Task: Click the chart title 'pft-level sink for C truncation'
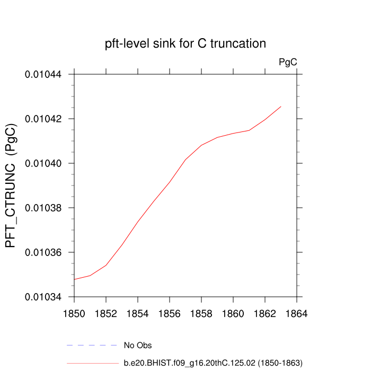coord(185,43)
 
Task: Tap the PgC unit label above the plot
coord(288,62)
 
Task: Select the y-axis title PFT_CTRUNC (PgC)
coord(12,185)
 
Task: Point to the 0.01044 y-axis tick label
coord(43,74)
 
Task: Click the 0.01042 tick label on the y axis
coord(43,119)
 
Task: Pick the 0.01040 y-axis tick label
coord(43,163)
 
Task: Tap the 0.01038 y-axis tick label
coord(43,208)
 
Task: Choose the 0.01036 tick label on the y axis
coord(43,252)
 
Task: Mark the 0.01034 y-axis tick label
coord(43,297)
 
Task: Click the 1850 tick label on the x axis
coord(74,314)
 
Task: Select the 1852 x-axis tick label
coord(106,314)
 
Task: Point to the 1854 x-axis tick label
coord(138,314)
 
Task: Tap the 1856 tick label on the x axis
coord(170,314)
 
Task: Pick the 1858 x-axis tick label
coord(201,314)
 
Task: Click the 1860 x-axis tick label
coord(233,314)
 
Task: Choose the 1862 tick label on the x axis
coord(265,314)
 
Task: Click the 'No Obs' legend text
coord(138,346)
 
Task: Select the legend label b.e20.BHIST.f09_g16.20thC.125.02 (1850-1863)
coord(213,363)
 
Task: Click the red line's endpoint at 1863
coord(281,107)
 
